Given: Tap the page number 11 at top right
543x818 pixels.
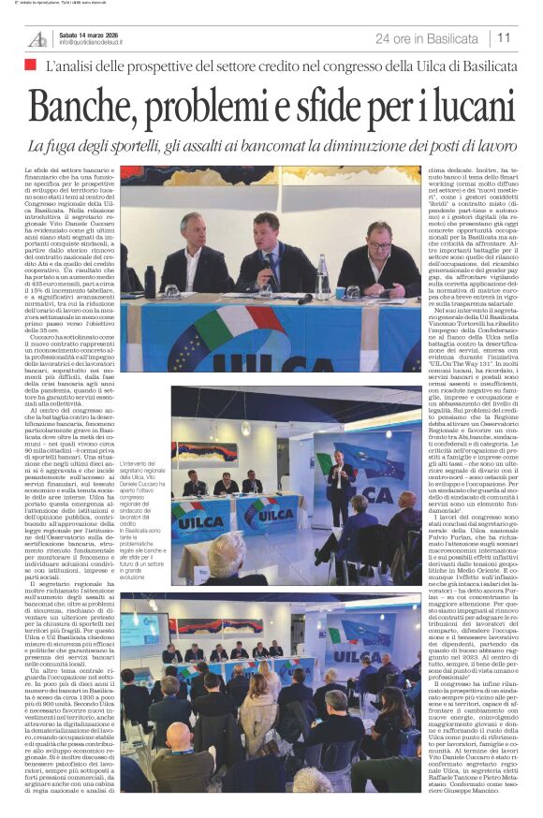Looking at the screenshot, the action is (504, 38).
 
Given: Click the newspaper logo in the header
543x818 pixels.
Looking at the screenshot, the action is (37, 38).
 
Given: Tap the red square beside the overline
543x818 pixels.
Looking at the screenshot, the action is (30, 65).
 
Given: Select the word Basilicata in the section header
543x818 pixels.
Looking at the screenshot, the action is (446, 38).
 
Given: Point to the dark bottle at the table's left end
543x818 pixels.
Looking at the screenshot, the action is (150, 281).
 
